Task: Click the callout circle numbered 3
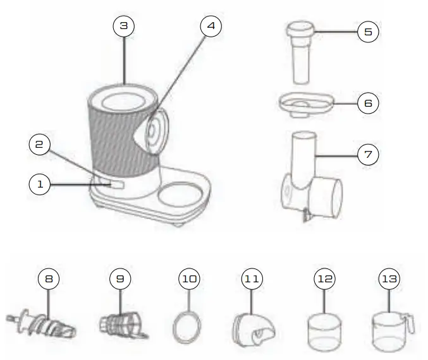tap(124, 25)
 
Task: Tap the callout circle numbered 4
tap(211, 25)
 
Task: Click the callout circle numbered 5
tap(369, 31)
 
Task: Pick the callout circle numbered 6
tap(369, 103)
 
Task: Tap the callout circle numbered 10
tap(189, 278)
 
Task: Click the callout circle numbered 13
tap(390, 278)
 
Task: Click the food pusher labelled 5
tap(301, 54)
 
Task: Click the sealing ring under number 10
tap(188, 328)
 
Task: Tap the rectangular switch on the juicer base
tap(118, 184)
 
